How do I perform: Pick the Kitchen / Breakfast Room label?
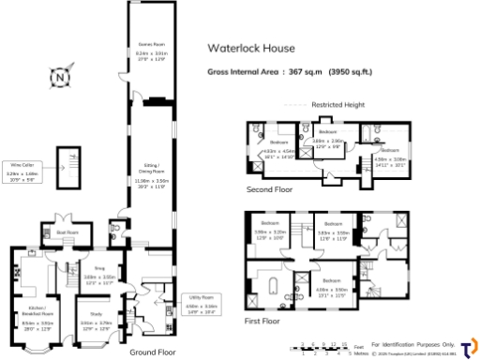click(x=37, y=313)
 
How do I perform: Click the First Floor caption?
click(x=261, y=321)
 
